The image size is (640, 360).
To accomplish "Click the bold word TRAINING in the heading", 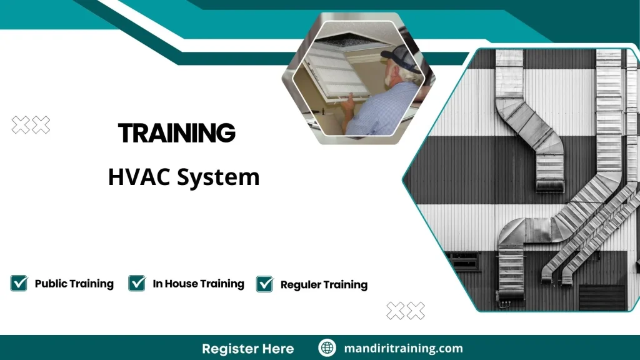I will (176, 132).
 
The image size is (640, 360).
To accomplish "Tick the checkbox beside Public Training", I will (19, 283).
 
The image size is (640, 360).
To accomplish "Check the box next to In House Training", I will (137, 283).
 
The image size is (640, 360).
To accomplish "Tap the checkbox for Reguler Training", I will (265, 284).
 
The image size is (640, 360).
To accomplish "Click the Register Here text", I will (247, 348).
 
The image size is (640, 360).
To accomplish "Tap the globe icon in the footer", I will (327, 348).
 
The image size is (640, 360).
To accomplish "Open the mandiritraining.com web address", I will (403, 348).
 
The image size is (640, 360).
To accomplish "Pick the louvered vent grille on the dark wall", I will (601, 296).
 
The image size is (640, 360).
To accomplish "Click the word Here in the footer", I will (278, 348).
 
